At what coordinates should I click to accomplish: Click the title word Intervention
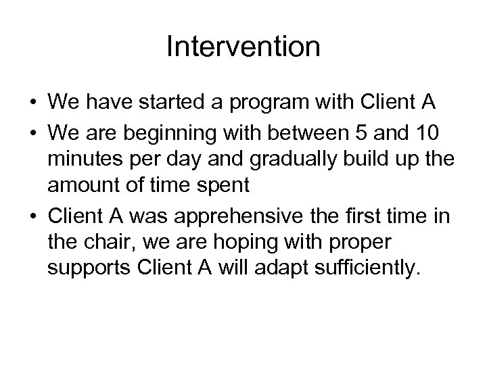[243, 47]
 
